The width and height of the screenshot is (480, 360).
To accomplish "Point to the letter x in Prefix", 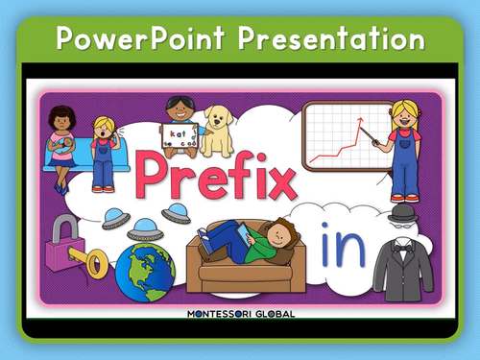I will click(x=276, y=180).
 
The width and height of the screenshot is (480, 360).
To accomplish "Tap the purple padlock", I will click(x=64, y=238).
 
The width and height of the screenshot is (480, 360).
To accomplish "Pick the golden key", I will click(x=93, y=260).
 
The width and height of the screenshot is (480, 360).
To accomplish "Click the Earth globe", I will click(x=143, y=272).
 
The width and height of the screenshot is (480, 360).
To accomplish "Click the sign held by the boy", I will click(x=179, y=134).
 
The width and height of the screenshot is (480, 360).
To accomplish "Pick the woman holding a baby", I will click(x=62, y=139).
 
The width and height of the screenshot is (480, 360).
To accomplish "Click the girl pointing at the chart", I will click(x=404, y=149).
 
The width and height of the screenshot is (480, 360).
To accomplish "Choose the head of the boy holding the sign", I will click(x=180, y=108).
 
